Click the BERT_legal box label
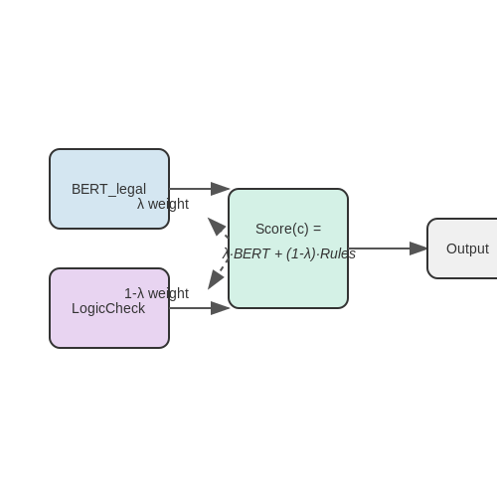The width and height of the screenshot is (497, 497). (x=108, y=190)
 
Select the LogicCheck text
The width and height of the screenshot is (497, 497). (x=108, y=308)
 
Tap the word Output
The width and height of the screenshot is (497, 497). (x=467, y=248)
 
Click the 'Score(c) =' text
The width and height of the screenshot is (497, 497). (x=288, y=229)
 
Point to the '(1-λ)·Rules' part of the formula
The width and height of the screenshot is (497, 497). (x=321, y=254)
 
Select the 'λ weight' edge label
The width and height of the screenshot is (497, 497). (x=163, y=204)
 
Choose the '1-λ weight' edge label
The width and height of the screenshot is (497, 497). (x=156, y=293)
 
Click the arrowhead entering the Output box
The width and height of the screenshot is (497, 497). (x=418, y=248)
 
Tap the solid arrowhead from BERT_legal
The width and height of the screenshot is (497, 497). (x=220, y=189)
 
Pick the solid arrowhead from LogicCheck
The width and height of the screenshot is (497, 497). (x=220, y=308)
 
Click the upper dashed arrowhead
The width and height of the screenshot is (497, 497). (x=217, y=227)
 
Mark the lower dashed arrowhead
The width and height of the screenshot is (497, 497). (x=216, y=279)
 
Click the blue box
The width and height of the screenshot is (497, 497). (x=109, y=189)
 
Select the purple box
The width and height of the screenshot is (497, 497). (x=109, y=308)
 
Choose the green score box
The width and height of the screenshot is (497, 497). (x=288, y=248)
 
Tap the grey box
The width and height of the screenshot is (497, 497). (x=462, y=248)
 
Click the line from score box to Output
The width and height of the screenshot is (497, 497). (x=379, y=248)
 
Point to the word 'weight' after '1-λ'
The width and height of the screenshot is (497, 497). (x=168, y=293)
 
